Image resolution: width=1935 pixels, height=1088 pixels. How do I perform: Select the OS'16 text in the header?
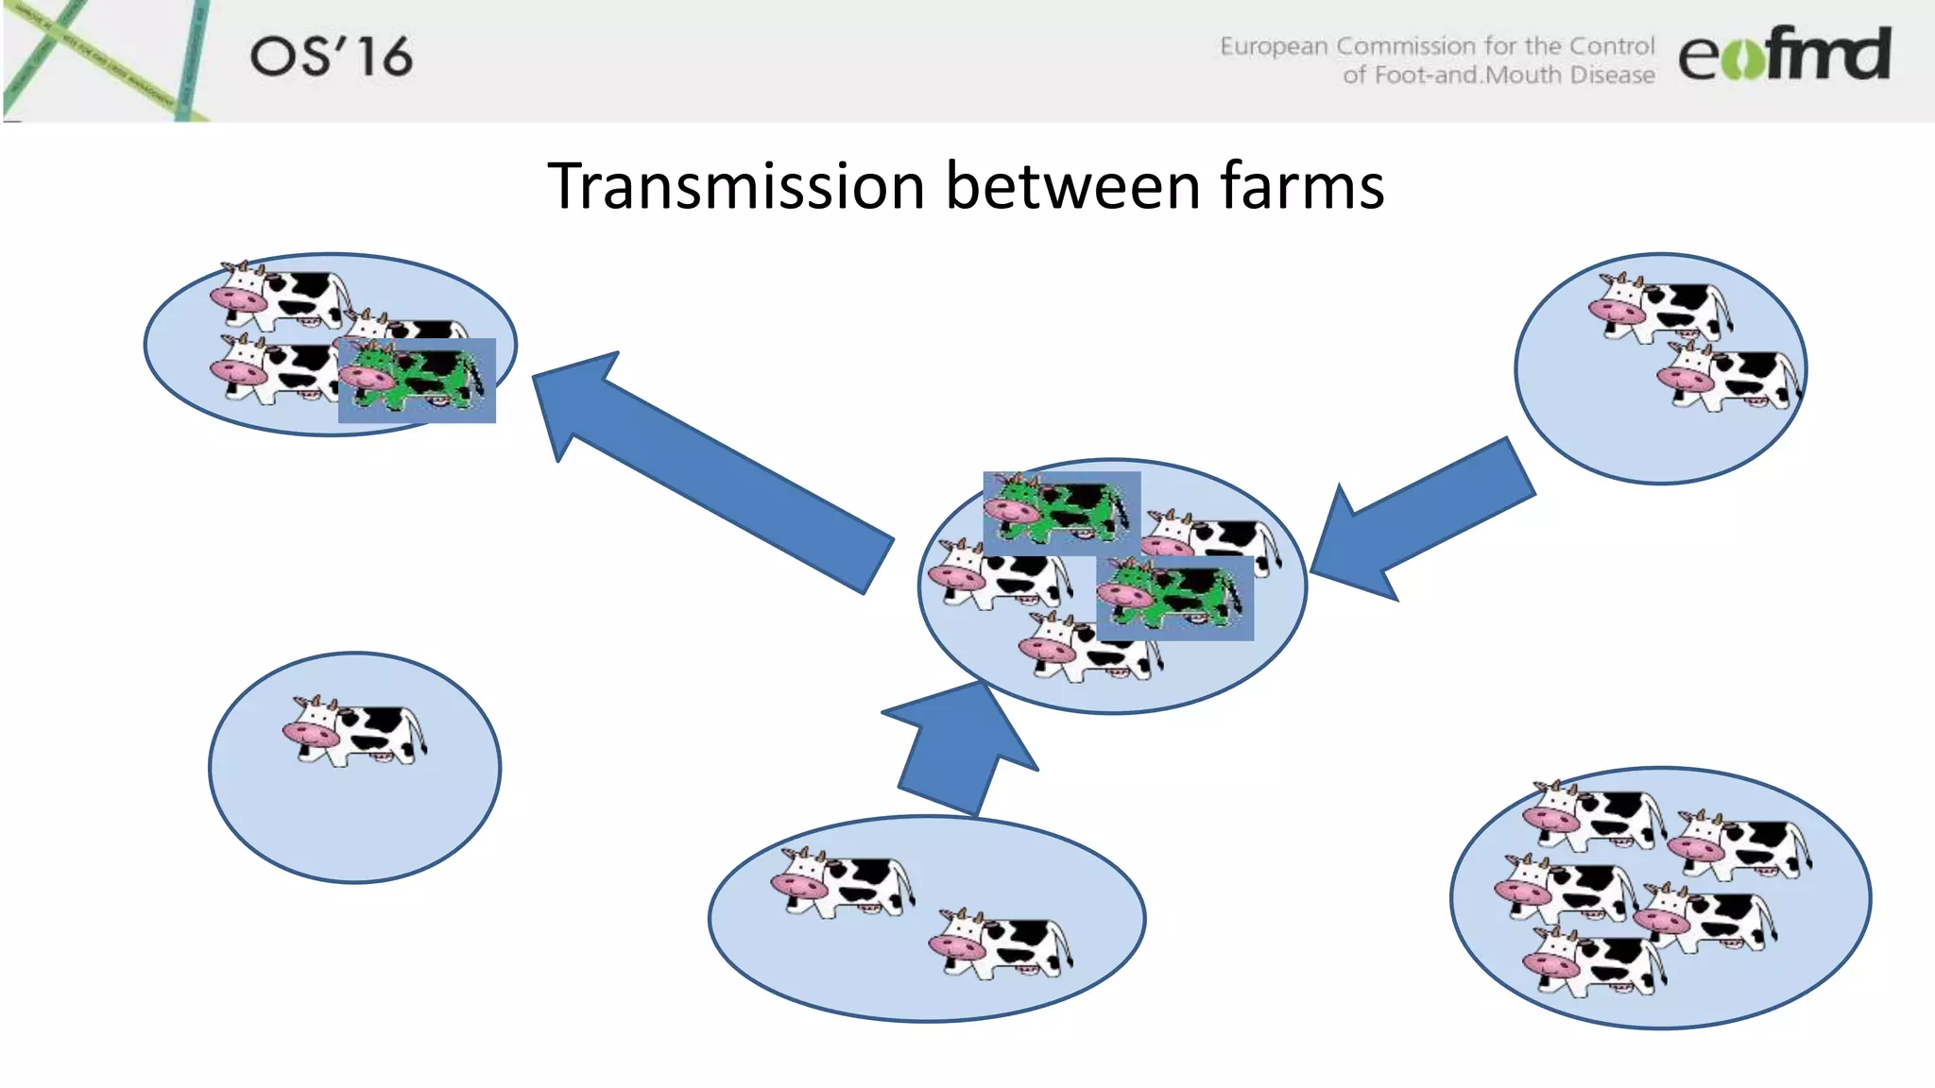click(x=331, y=57)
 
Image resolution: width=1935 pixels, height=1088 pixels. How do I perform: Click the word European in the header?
click(x=1273, y=46)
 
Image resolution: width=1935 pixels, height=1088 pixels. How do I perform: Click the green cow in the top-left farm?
click(x=416, y=379)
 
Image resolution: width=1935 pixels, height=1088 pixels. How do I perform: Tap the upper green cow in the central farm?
click(x=1060, y=511)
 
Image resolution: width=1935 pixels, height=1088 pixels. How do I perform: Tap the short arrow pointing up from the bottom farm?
click(x=959, y=751)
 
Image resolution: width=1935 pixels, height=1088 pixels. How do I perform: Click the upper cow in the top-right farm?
click(x=1660, y=307)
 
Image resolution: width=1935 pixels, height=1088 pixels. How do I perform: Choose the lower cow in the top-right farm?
click(x=1729, y=378)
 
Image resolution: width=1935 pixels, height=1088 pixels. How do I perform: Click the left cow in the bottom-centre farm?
click(x=841, y=883)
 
